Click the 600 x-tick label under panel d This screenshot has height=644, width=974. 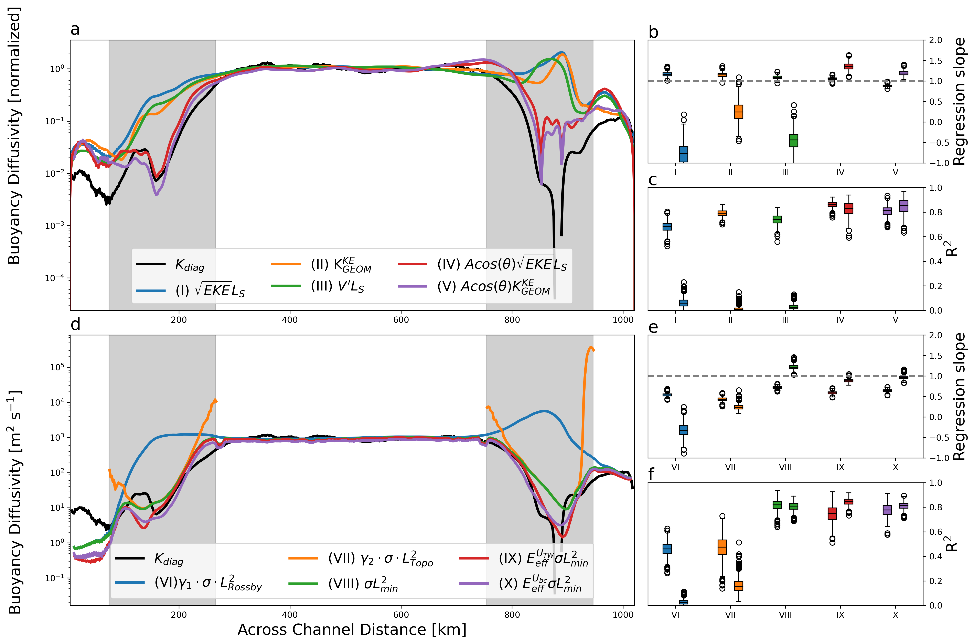401,615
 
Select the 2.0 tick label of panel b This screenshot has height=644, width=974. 935,40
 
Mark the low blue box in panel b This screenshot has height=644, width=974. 684,154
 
